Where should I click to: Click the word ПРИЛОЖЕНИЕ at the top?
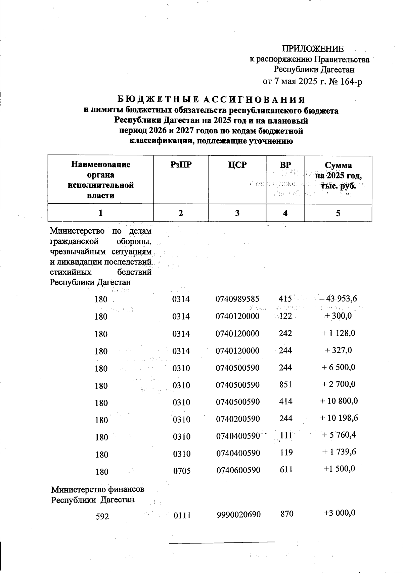coord(313,49)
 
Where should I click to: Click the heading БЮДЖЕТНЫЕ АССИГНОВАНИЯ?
coord(211,100)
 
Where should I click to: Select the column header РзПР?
coord(181,165)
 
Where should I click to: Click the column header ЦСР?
coord(237,165)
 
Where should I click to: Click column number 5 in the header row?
coord(338,213)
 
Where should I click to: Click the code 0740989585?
coord(238,299)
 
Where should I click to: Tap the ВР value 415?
coord(285,298)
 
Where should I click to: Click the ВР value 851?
coord(285,385)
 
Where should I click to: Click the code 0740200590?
coord(238,419)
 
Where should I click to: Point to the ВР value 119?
coord(285,452)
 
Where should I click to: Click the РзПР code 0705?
coord(182,471)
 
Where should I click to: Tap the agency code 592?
coord(102,516)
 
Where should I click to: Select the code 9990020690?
coord(238,514)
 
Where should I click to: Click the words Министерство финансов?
coord(98,489)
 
